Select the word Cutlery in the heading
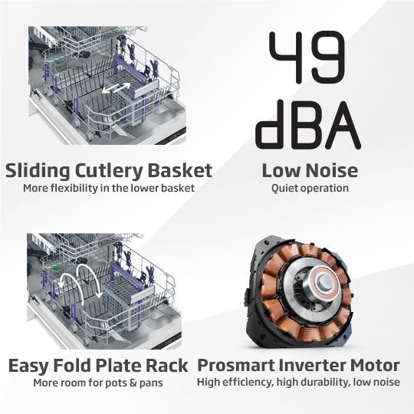109,171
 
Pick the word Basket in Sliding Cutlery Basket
180,170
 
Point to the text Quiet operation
310,189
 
